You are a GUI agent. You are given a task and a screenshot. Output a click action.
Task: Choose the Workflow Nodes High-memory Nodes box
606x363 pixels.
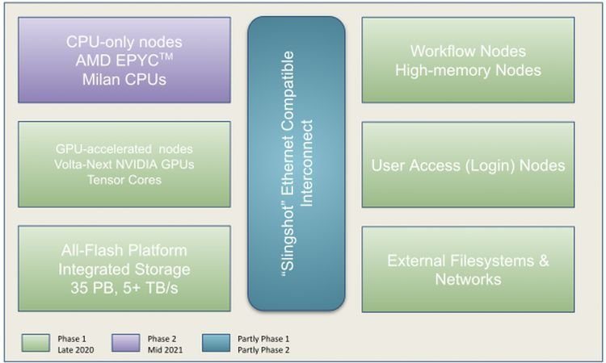point(468,60)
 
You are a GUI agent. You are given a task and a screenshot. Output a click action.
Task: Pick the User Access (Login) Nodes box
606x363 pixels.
point(468,165)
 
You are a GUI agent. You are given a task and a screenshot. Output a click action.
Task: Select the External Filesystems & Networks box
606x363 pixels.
point(468,269)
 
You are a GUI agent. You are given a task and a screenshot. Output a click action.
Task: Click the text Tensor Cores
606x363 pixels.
point(124,179)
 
